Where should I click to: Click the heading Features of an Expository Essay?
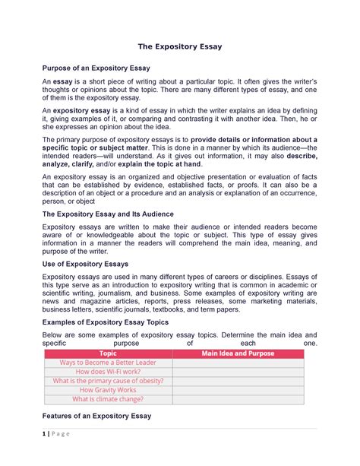96,416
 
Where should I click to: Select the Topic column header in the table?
108,353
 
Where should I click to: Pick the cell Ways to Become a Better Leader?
108,363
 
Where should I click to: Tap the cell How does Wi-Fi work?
108,372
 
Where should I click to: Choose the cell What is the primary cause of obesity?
108,381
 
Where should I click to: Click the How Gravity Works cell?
108,390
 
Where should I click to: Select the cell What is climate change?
108,398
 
